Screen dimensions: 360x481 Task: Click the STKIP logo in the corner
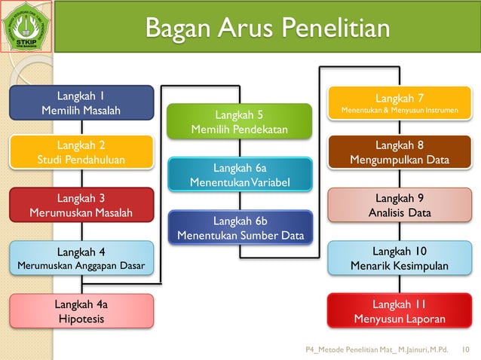(26, 27)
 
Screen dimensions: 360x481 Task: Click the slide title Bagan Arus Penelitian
(268, 29)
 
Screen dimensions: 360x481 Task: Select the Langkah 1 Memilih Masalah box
(81, 103)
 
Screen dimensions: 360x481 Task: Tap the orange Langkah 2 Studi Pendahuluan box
(81, 152)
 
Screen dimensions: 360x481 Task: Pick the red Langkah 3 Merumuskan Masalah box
(81, 206)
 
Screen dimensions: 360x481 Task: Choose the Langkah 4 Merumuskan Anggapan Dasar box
(81, 258)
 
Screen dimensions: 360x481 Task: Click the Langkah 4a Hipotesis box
(81, 311)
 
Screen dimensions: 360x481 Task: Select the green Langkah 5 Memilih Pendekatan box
(239, 122)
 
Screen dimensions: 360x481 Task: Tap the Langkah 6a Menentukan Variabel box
(239, 175)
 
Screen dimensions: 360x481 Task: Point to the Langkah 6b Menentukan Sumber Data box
(240, 227)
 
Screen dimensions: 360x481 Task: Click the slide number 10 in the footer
(465, 350)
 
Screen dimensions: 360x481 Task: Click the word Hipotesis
(81, 319)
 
